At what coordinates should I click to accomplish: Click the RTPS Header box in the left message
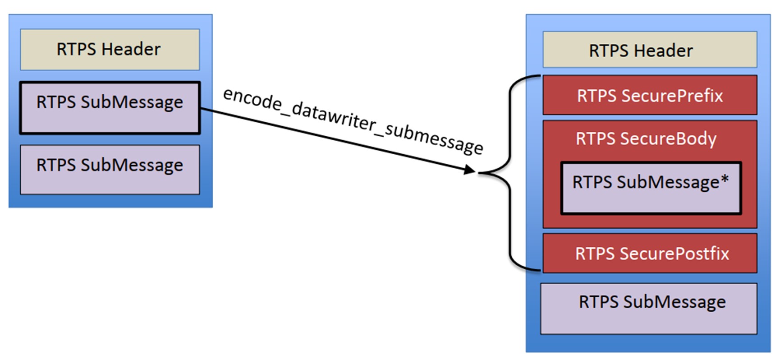point(110,50)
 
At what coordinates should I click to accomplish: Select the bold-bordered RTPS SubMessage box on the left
point(110,108)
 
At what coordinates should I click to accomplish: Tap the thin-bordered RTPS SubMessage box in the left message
point(110,170)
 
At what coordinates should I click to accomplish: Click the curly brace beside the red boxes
point(510,173)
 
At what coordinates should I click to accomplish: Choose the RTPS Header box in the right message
point(649,50)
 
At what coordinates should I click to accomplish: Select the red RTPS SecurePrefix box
point(649,96)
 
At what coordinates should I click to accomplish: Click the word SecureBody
point(668,139)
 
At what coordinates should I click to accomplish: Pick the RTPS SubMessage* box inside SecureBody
point(651,188)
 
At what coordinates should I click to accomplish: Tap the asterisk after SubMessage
point(725,179)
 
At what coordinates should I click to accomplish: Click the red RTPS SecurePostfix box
point(649,254)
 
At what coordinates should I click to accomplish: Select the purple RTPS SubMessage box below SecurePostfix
point(648,309)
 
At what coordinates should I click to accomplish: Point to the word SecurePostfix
point(674,254)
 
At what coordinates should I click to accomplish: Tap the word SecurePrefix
point(672,96)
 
